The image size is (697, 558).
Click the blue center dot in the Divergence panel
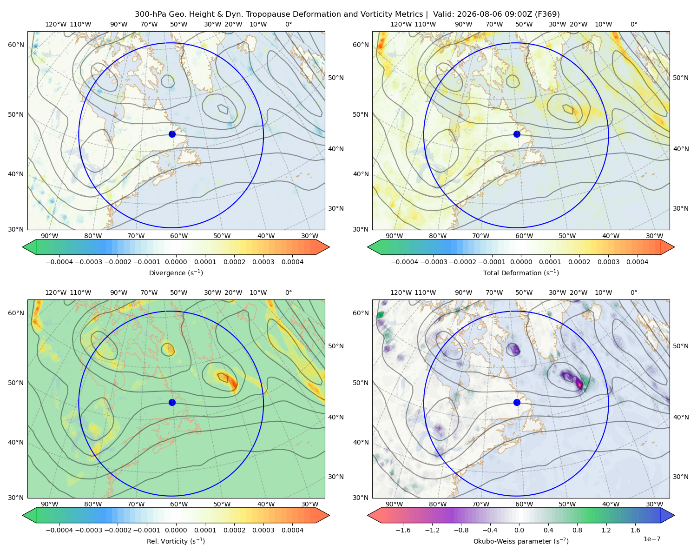(172, 134)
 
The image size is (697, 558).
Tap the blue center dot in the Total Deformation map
(517, 134)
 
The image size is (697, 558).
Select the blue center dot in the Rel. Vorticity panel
(172, 402)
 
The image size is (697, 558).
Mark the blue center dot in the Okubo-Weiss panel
(517, 402)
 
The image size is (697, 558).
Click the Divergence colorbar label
(176, 272)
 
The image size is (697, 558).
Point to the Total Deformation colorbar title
(521, 272)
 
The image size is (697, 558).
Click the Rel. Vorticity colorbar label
(176, 541)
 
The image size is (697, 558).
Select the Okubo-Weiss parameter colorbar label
(521, 541)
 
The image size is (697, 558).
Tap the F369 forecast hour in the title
(547, 14)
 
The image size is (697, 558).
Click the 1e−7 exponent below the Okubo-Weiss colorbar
(651, 539)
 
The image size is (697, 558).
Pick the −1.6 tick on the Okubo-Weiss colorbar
(403, 530)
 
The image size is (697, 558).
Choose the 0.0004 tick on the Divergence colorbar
(292, 262)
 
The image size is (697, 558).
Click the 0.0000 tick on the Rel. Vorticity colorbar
(176, 530)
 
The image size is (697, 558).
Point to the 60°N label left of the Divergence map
(16, 45)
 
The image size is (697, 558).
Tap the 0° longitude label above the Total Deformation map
(633, 24)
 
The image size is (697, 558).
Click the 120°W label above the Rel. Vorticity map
(56, 292)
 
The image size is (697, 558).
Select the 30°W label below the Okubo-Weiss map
(655, 504)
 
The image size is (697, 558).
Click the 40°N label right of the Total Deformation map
(681, 149)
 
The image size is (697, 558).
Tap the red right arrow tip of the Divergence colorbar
(329, 247)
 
